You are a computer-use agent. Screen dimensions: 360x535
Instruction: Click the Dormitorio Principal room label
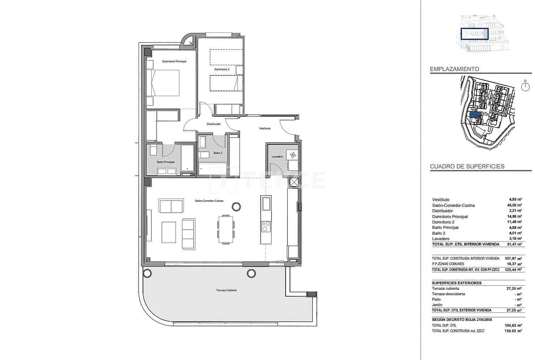click(x=174, y=62)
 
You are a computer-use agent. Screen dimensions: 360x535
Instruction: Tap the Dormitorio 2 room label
click(x=222, y=69)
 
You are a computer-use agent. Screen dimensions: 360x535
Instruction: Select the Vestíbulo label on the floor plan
click(x=265, y=129)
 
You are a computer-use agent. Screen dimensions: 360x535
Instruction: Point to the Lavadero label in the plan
click(x=277, y=156)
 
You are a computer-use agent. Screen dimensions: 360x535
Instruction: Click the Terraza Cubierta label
click(x=227, y=290)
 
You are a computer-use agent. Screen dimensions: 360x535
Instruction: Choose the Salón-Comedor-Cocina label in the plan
click(x=209, y=201)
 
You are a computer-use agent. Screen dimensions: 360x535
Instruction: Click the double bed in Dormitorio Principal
click(x=163, y=83)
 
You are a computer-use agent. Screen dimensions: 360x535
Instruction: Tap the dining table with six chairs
click(x=226, y=229)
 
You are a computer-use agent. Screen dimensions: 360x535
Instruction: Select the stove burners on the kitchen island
click(x=266, y=227)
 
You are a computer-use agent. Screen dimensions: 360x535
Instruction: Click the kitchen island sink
click(x=266, y=203)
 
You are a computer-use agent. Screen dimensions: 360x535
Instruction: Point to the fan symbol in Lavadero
click(x=292, y=155)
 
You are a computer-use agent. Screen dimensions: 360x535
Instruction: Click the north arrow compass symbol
click(x=525, y=87)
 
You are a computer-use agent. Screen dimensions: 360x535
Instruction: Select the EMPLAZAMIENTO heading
click(x=454, y=69)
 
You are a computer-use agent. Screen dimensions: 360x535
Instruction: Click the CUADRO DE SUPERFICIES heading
click(x=467, y=167)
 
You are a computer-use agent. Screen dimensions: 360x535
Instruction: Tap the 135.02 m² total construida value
click(x=514, y=331)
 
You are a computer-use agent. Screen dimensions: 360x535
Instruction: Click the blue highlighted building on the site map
click(x=475, y=114)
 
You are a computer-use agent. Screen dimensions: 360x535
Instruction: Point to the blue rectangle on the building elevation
click(x=475, y=34)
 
